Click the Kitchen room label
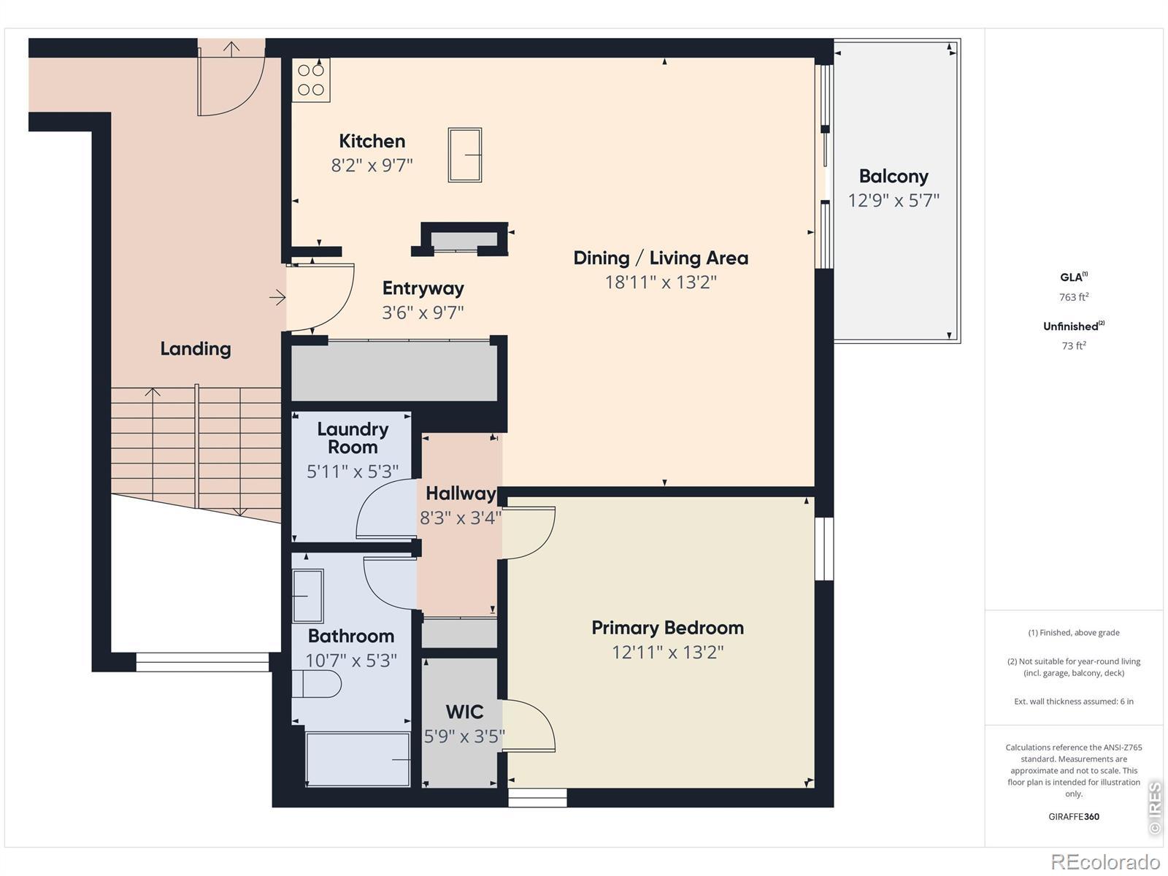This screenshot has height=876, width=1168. tap(372, 141)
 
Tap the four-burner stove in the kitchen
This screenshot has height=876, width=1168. tap(311, 80)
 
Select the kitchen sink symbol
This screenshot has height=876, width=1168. tap(464, 155)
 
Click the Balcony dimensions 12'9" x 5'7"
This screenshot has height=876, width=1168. tap(894, 201)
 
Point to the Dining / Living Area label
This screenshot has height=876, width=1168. tap(661, 258)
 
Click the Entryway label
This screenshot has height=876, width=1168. tap(423, 288)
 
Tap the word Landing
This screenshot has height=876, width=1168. tap(196, 349)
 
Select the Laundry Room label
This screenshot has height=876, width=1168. tap(353, 438)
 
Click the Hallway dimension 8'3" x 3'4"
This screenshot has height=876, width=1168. tap(461, 518)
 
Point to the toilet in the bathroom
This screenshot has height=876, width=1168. tap(316, 683)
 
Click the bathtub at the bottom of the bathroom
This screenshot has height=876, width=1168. tap(358, 759)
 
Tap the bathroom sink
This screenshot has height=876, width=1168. tap(307, 596)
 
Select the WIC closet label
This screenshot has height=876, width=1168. tap(464, 712)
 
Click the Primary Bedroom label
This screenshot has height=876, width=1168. tap(667, 628)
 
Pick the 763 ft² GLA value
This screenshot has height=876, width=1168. tap(1073, 297)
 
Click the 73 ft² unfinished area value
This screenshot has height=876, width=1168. tap(1073, 346)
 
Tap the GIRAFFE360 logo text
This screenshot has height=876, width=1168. tap(1073, 816)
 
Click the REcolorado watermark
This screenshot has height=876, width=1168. tap(1105, 861)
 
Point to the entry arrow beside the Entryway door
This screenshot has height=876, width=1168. tap(277, 297)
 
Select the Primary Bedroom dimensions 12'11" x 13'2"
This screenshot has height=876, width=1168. tap(667, 652)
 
